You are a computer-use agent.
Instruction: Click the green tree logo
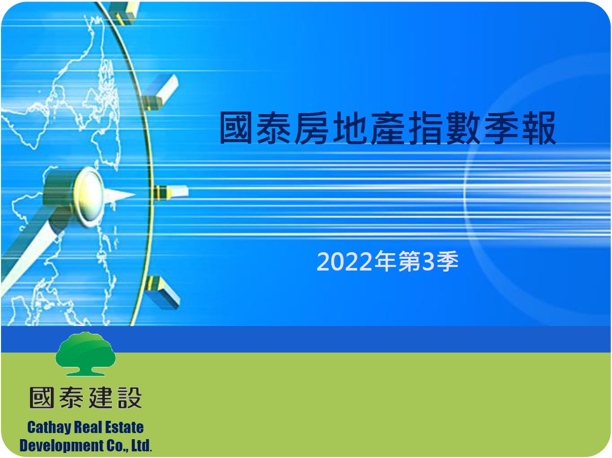pyautogui.click(x=85, y=354)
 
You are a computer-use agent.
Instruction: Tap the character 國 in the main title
pyautogui.click(x=236, y=127)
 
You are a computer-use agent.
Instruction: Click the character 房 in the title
pyautogui.click(x=311, y=127)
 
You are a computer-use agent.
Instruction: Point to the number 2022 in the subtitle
pyautogui.click(x=344, y=262)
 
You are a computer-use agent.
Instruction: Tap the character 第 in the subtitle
pyautogui.click(x=410, y=261)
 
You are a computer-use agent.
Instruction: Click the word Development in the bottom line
pyautogui.click(x=59, y=446)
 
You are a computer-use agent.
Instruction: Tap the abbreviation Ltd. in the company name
pyautogui.click(x=141, y=445)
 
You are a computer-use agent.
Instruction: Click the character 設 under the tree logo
pyautogui.click(x=130, y=398)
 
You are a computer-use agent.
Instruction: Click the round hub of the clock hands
pyautogui.click(x=89, y=196)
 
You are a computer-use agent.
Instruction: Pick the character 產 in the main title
pyautogui.click(x=387, y=127)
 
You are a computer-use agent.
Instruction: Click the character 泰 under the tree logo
pyautogui.click(x=72, y=398)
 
